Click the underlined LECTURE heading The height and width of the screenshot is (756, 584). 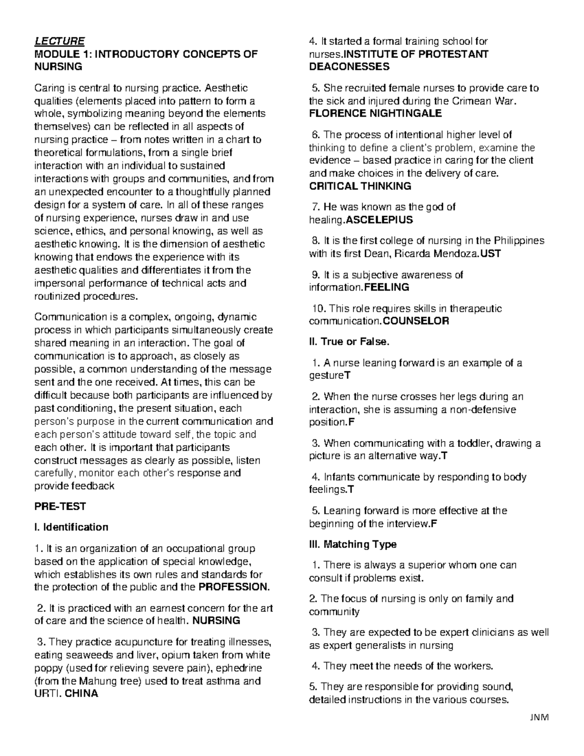59,41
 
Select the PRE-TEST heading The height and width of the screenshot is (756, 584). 60,506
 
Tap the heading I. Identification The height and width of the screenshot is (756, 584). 71,527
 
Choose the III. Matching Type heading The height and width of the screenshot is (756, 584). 353,544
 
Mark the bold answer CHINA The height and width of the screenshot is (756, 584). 81,694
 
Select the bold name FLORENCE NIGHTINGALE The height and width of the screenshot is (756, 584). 375,114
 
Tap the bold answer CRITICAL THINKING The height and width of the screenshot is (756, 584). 360,186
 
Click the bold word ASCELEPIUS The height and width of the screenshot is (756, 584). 379,220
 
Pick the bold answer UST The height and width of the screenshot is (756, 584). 491,254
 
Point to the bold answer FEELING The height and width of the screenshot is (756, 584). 386,287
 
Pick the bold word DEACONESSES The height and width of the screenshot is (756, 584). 349,67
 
